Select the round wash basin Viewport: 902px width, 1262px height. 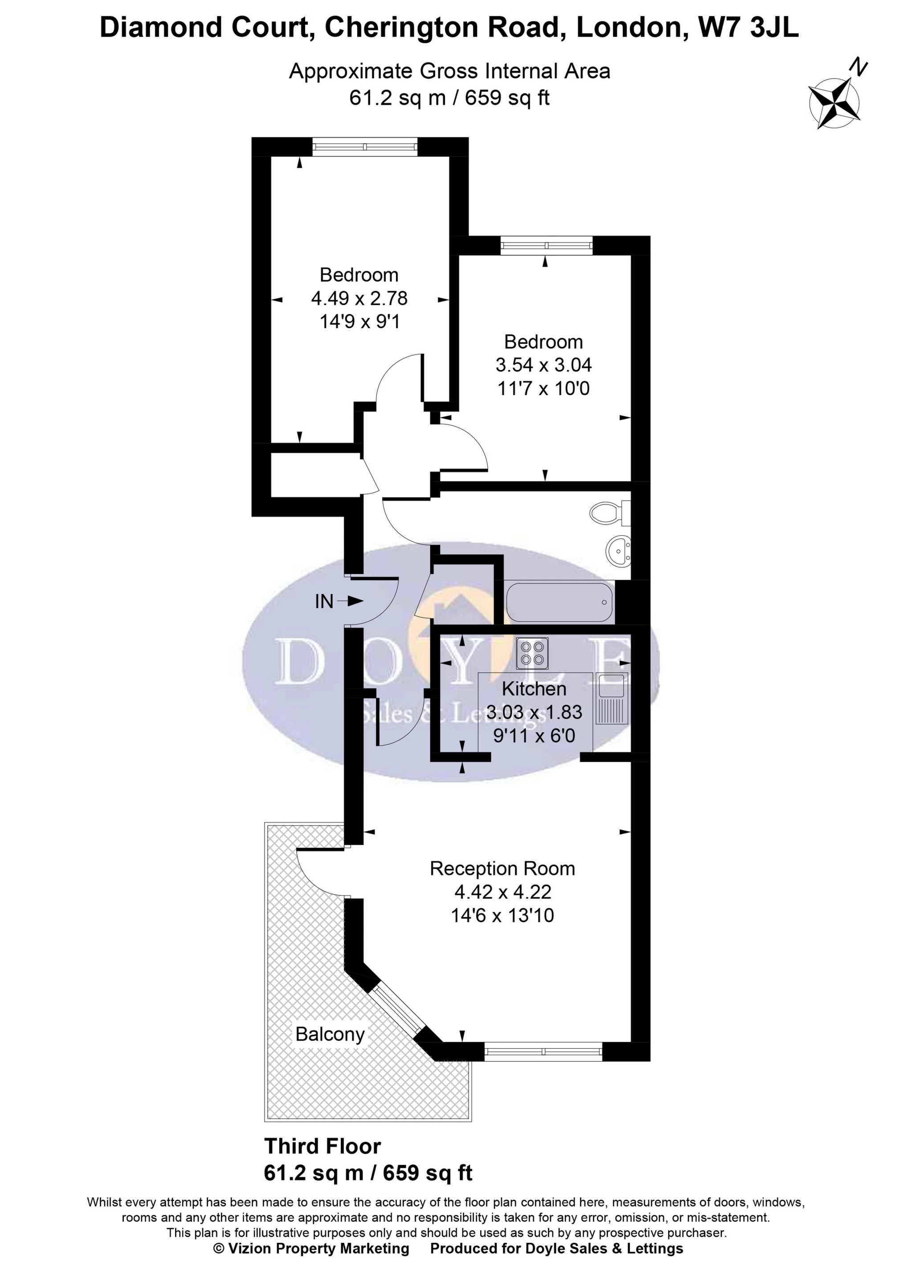pyautogui.click(x=618, y=550)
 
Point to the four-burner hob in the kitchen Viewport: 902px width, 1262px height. pyautogui.click(x=533, y=653)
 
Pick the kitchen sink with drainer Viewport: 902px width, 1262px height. pyautogui.click(x=611, y=698)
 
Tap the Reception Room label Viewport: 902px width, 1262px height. pyautogui.click(x=502, y=868)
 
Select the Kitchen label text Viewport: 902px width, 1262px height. pyautogui.click(x=534, y=689)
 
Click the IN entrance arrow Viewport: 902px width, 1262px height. pyautogui.click(x=350, y=601)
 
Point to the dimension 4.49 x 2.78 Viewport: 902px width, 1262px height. pyautogui.click(x=359, y=299)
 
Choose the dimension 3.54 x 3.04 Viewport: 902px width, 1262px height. pyautogui.click(x=543, y=365)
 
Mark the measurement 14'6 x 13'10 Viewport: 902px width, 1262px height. pyautogui.click(x=502, y=915)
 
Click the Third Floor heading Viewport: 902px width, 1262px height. pyautogui.click(x=322, y=1147)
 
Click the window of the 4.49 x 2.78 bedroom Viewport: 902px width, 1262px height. pyautogui.click(x=364, y=147)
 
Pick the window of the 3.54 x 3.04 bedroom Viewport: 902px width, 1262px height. pyautogui.click(x=546, y=245)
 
